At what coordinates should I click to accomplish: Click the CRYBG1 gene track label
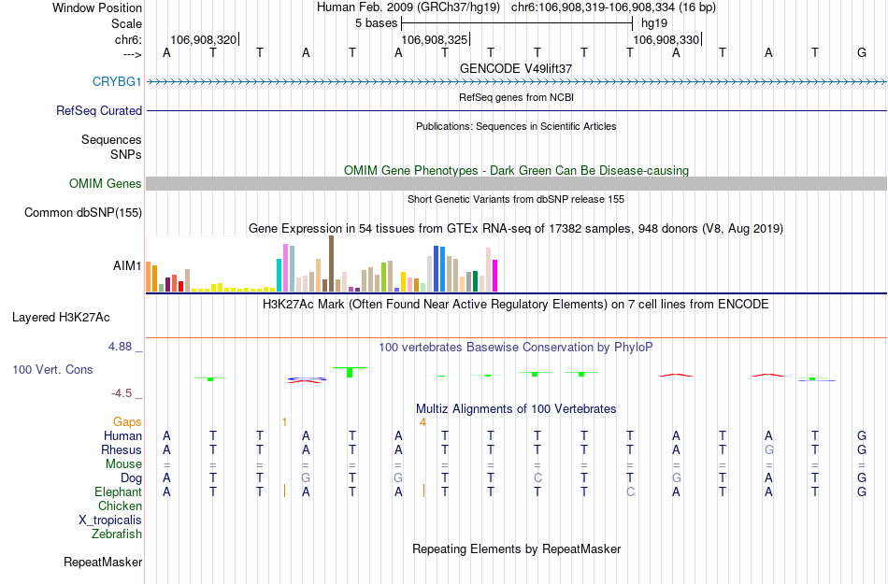117,81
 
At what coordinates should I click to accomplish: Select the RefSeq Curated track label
99,110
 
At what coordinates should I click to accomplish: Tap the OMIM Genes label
105,183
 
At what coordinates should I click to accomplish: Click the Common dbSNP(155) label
82,213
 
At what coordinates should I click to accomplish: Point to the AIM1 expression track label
127,265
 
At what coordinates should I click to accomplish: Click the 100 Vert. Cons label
52,370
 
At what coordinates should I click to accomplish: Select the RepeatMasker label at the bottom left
103,563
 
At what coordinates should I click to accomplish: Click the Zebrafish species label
117,534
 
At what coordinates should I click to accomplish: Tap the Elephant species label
118,491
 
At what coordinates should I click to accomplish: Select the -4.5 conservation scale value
125,393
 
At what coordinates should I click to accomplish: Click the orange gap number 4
423,422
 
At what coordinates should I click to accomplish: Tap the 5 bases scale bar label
377,22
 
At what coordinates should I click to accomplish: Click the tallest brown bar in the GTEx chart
331,264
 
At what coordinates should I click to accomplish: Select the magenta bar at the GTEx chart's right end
495,276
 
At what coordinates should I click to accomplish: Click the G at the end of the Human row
861,435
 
